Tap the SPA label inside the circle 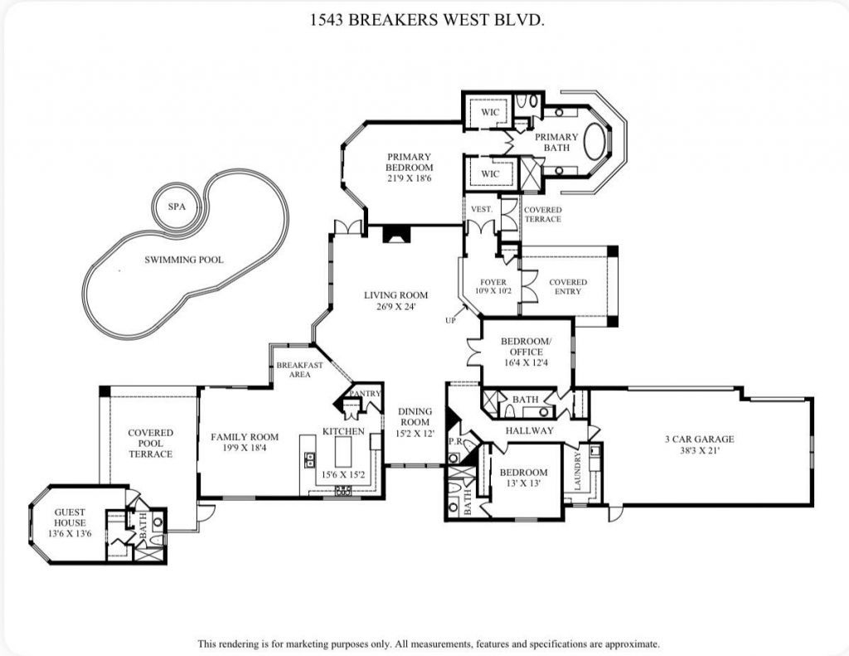click(x=177, y=207)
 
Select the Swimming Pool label click(x=184, y=260)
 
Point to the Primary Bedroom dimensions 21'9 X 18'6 click(x=409, y=178)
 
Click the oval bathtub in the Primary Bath click(x=595, y=142)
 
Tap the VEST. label click(x=481, y=210)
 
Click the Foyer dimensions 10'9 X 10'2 click(x=488, y=292)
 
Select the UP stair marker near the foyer click(x=451, y=320)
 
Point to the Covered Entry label click(x=568, y=287)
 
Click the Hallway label click(x=530, y=431)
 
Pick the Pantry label click(x=365, y=393)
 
